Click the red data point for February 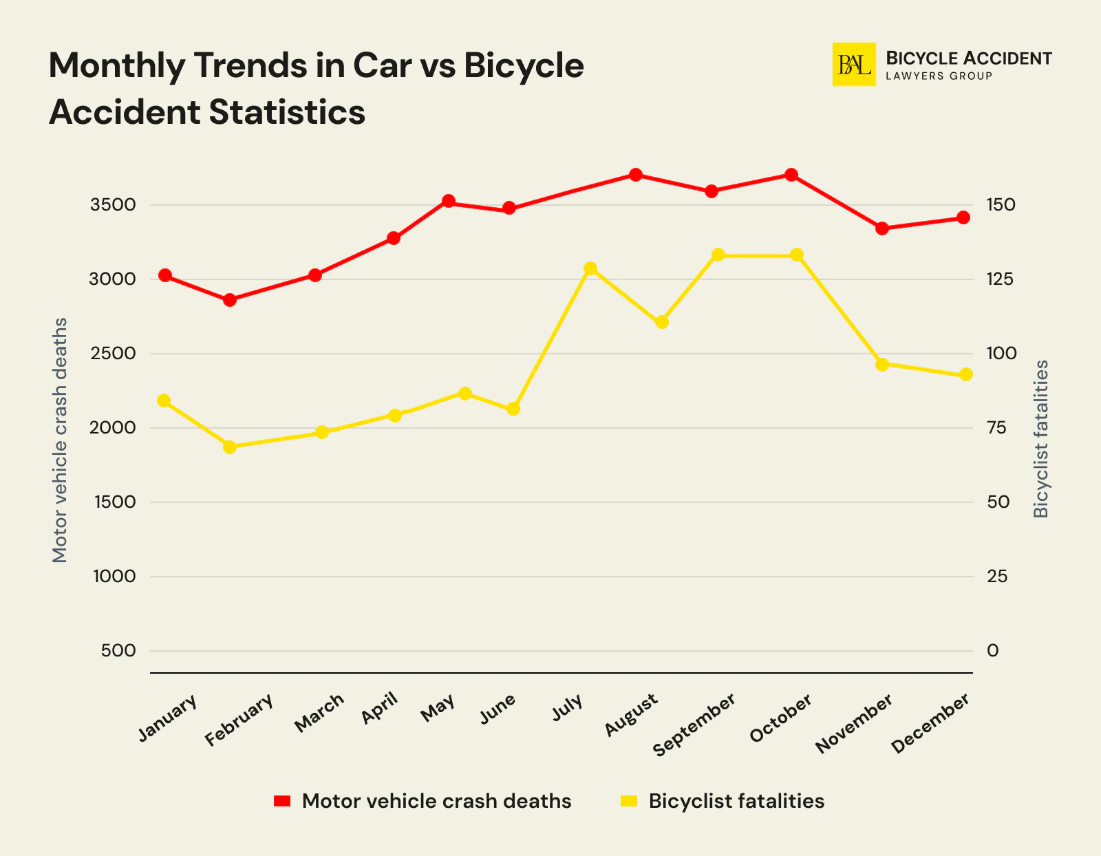[x=230, y=300]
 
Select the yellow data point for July [x=590, y=268]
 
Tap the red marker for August [x=636, y=175]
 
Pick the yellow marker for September [x=718, y=255]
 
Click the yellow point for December [x=965, y=374]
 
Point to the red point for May [x=449, y=202]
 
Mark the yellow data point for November [x=882, y=365]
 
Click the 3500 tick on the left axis [x=113, y=205]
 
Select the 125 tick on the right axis [x=1000, y=279]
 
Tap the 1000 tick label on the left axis [x=114, y=577]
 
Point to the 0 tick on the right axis [x=992, y=651]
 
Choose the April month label [x=380, y=708]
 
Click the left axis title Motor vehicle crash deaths [x=61, y=440]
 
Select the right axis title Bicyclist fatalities [x=1041, y=439]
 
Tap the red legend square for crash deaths [x=282, y=801]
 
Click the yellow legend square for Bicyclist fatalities [x=629, y=801]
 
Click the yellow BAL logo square [x=854, y=65]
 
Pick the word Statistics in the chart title [x=287, y=112]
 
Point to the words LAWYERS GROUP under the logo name [x=939, y=76]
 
